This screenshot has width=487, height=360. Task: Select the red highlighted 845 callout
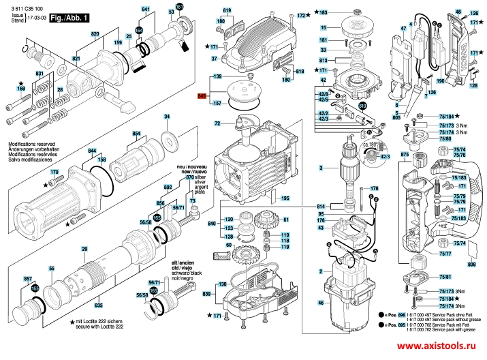click(202, 97)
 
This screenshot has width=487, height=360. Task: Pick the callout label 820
click(95, 33)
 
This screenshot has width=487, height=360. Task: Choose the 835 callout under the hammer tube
click(98, 306)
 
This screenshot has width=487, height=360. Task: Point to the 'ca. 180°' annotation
click(371, 145)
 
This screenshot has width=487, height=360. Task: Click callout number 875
click(404, 155)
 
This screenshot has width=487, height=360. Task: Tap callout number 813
click(324, 60)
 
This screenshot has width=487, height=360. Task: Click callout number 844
click(92, 151)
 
